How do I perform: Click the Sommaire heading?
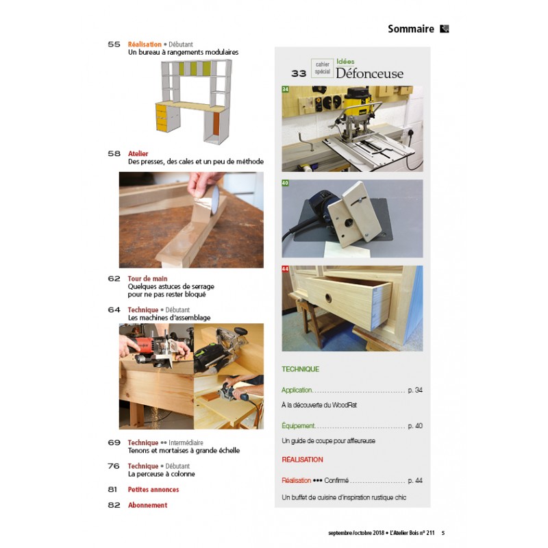click(x=410, y=29)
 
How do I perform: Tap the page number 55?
click(x=114, y=45)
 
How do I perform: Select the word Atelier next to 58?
click(x=138, y=153)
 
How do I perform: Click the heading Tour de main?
click(x=147, y=279)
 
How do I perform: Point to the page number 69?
click(x=114, y=443)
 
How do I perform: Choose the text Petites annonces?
click(x=153, y=489)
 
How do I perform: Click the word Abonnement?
click(x=147, y=505)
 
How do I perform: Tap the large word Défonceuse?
click(x=369, y=73)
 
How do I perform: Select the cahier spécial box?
click(x=322, y=68)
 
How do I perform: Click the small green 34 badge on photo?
click(x=285, y=89)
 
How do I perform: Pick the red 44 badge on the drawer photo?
click(x=285, y=269)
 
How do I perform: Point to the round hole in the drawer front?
click(x=328, y=298)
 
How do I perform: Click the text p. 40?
click(x=415, y=425)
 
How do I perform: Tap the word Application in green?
click(x=297, y=390)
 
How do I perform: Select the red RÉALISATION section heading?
click(x=302, y=460)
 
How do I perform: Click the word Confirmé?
click(x=336, y=481)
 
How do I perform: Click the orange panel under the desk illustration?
click(x=216, y=124)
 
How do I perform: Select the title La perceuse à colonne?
click(x=162, y=474)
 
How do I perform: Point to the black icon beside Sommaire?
click(x=444, y=29)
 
